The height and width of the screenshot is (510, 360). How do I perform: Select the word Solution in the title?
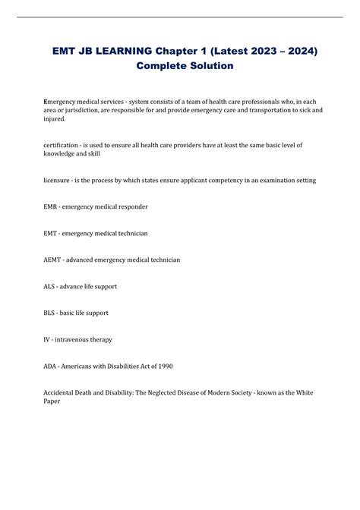pyautogui.click(x=207, y=66)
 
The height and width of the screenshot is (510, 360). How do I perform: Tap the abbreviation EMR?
pyautogui.click(x=52, y=206)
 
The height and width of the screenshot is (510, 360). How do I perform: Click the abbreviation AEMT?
pyautogui.click(x=54, y=260)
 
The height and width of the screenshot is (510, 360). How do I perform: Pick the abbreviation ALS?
pyautogui.click(x=51, y=286)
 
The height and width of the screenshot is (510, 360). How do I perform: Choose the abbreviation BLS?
pyautogui.click(x=51, y=313)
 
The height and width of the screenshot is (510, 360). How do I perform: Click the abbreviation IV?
pyautogui.click(x=47, y=339)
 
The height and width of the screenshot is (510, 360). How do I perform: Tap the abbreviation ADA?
pyautogui.click(x=52, y=366)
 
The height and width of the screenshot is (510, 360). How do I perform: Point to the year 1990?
pyautogui.click(x=164, y=366)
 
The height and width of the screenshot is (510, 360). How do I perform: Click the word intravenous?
pyautogui.click(x=78, y=339)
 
